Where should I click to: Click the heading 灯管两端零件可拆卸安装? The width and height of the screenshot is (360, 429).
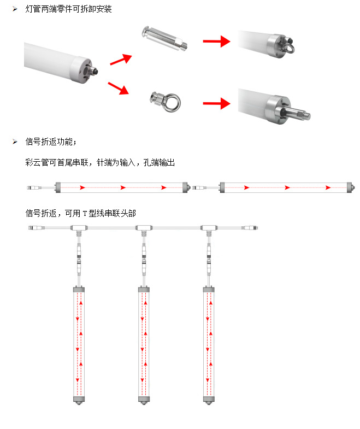point(68,9)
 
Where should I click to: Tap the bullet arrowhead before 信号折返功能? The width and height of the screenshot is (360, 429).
point(16,143)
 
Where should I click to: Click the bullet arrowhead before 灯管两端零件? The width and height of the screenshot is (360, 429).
point(16,9)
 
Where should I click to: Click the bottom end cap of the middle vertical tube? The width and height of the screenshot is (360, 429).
point(143,401)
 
